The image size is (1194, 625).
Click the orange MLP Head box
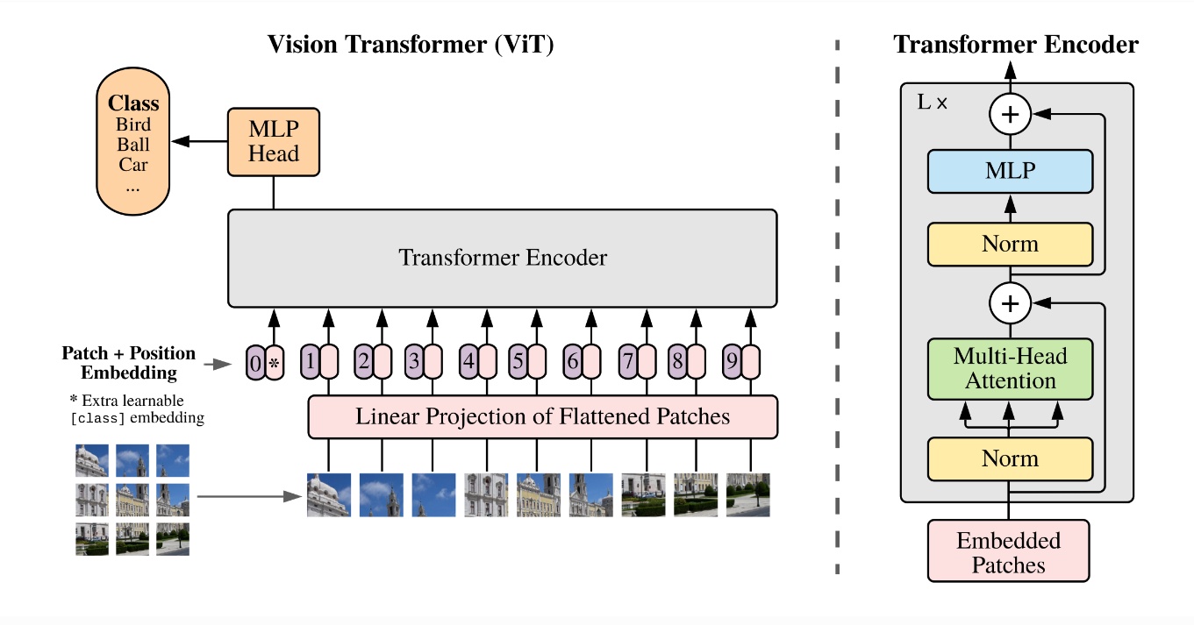[274, 140]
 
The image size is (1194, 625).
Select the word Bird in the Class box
[133, 125]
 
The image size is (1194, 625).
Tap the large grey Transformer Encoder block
[502, 258]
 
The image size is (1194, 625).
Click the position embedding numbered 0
[255, 362]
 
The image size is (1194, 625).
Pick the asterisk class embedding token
[275, 362]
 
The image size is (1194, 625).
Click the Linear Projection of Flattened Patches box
[542, 416]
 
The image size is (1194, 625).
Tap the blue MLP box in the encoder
[1010, 171]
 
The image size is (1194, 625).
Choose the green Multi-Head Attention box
[1010, 368]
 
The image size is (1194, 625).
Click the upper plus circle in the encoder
[1010, 114]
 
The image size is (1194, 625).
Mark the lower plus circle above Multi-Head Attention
[1010, 303]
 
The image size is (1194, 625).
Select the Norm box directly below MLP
[1010, 244]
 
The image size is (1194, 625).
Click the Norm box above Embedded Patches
[1010, 458]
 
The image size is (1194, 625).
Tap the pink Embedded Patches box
[1008, 551]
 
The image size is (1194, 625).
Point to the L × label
[933, 102]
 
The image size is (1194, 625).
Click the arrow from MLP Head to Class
[199, 140]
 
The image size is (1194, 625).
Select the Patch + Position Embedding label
[128, 363]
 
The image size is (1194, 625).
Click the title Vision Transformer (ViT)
[411, 45]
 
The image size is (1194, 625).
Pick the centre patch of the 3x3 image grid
[132, 500]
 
